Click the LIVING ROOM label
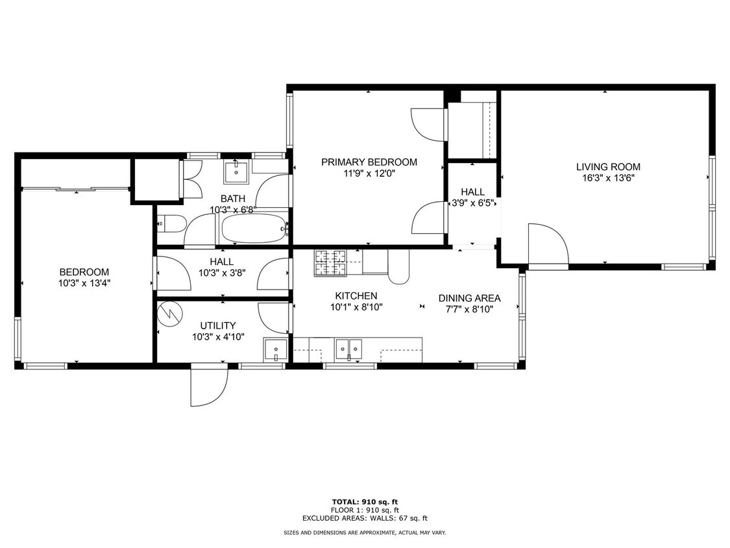[608, 167]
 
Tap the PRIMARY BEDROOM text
[369, 162]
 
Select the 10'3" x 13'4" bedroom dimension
[84, 283]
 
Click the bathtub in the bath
[253, 229]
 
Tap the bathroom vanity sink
[236, 172]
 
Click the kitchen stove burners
[331, 263]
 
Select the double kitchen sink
[349, 349]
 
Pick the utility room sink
[276, 349]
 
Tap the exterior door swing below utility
[209, 386]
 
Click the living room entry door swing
[548, 245]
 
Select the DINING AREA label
[469, 298]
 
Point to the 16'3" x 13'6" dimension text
[608, 178]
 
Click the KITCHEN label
[356, 296]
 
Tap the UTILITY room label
[218, 326]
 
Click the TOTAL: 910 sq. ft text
[365, 502]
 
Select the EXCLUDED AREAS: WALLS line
[365, 518]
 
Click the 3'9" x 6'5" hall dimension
[473, 203]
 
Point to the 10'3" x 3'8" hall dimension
[222, 273]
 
